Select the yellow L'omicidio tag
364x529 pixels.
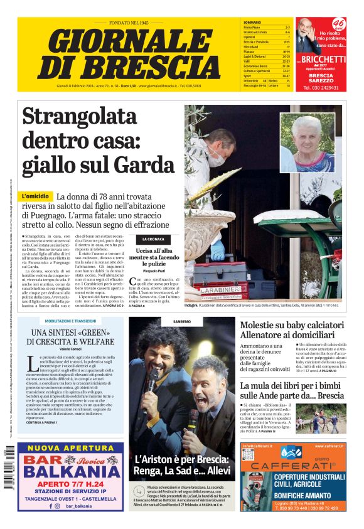[x=36, y=196]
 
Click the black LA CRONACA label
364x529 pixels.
[x=153, y=239]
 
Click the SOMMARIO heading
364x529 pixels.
[x=252, y=23]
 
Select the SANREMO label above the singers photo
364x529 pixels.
[x=182, y=321]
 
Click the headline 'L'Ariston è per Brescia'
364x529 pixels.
[x=181, y=464]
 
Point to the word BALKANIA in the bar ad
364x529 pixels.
[x=70, y=471]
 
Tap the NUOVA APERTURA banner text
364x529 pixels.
[x=70, y=448]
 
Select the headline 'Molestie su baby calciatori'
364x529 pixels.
[x=292, y=330]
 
